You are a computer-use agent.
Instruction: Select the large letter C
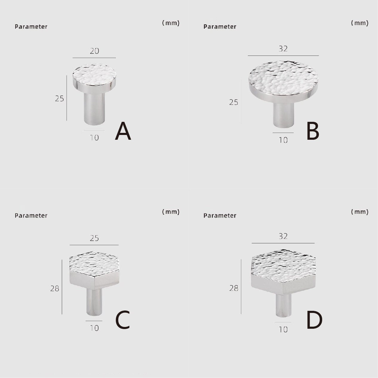pyautogui.click(x=123, y=320)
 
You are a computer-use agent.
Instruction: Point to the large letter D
pyautogui.click(x=314, y=320)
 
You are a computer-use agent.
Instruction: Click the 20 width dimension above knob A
pyautogui.click(x=94, y=51)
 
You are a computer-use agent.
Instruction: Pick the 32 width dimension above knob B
pyautogui.click(x=283, y=49)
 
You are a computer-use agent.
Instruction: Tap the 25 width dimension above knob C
pyautogui.click(x=94, y=238)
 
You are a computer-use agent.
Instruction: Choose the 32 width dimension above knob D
pyautogui.click(x=283, y=236)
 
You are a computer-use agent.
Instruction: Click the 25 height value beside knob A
pyautogui.click(x=59, y=99)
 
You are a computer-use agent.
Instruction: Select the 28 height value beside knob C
pyautogui.click(x=55, y=288)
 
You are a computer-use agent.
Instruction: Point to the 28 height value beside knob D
pyautogui.click(x=234, y=288)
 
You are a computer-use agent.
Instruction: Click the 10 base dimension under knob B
pyautogui.click(x=283, y=140)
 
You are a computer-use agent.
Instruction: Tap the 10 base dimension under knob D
pyautogui.click(x=283, y=330)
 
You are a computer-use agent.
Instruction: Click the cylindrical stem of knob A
pyautogui.click(x=94, y=109)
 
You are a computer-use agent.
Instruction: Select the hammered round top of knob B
pyautogui.click(x=283, y=79)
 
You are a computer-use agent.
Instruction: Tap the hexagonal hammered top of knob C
pyautogui.click(x=94, y=264)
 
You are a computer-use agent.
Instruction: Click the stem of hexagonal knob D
pyautogui.click(x=283, y=305)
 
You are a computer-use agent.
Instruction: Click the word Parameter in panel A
pyautogui.click(x=31, y=27)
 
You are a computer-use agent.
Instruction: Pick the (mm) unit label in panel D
pyautogui.click(x=360, y=212)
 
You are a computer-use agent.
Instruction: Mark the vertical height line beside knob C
pyautogui.click(x=62, y=287)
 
